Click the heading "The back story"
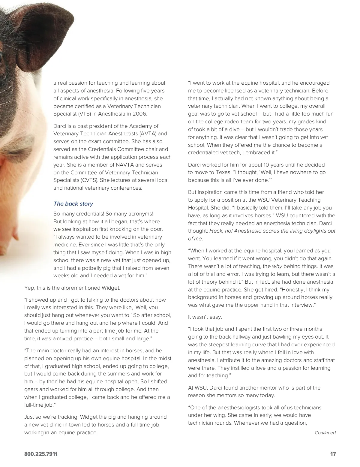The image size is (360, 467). [x=73, y=204]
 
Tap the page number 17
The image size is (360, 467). [x=333, y=454]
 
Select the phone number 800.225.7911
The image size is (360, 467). [x=41, y=454]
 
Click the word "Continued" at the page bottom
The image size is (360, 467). [x=325, y=433]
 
